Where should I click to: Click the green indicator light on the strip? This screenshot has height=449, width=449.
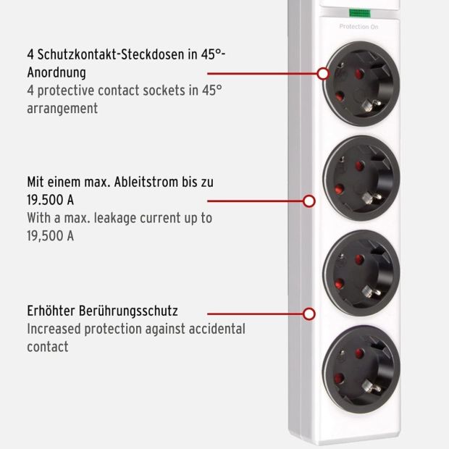click(359, 13)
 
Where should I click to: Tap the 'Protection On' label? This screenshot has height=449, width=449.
click(358, 27)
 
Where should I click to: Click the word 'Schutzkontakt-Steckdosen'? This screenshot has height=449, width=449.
click(111, 54)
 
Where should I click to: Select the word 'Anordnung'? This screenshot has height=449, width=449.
click(56, 72)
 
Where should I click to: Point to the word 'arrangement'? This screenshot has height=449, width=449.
click(62, 109)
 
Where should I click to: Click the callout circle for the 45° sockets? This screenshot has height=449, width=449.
click(323, 74)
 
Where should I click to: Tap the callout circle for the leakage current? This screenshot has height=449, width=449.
click(309, 201)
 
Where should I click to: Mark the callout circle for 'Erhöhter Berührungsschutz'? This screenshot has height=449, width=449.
click(309, 314)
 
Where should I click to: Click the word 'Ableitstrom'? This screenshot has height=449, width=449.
click(146, 182)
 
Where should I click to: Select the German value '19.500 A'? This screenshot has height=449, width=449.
click(51, 200)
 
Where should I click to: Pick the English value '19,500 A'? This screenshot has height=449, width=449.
click(51, 236)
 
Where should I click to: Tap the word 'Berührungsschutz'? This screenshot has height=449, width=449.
click(128, 311)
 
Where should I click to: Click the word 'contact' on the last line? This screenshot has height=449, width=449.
click(48, 347)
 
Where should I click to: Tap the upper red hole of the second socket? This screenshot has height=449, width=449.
click(360, 166)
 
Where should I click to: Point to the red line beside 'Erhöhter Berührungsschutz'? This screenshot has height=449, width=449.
click(255, 314)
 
